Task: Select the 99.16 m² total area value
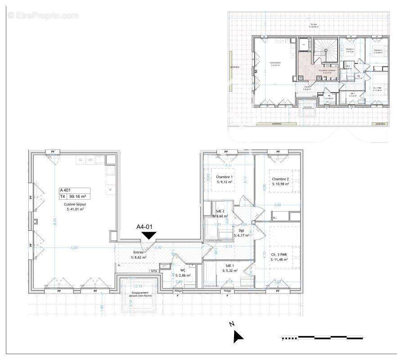[77, 196]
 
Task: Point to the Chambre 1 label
[224, 177]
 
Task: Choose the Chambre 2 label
[280, 179]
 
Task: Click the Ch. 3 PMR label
[279, 254]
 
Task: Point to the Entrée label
[137, 252]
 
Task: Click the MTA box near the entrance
[154, 271]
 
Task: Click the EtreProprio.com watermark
[43, 16]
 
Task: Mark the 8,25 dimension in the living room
[54, 222]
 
